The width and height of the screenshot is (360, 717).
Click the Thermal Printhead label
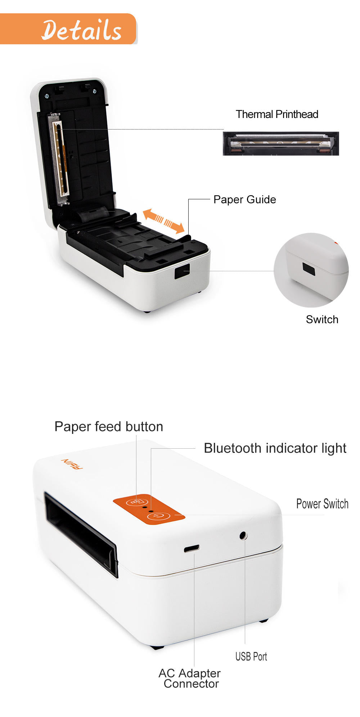[277, 114]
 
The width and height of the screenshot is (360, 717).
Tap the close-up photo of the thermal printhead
[281, 144]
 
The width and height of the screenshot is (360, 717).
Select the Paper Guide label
[244, 200]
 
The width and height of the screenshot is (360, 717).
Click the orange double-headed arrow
[164, 221]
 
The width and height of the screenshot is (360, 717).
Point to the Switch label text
[322, 319]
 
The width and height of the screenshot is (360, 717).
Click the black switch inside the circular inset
[309, 269]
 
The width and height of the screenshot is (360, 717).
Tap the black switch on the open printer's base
[182, 271]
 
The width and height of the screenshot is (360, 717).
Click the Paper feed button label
[109, 427]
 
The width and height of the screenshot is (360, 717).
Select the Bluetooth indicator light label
[275, 448]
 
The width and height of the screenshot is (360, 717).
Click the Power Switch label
[322, 504]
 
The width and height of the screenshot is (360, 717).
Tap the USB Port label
[251, 657]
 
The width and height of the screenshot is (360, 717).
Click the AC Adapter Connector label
[190, 679]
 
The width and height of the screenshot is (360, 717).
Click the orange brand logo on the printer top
[72, 464]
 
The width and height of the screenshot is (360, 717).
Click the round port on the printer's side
[243, 535]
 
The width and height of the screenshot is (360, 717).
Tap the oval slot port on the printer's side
[192, 549]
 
